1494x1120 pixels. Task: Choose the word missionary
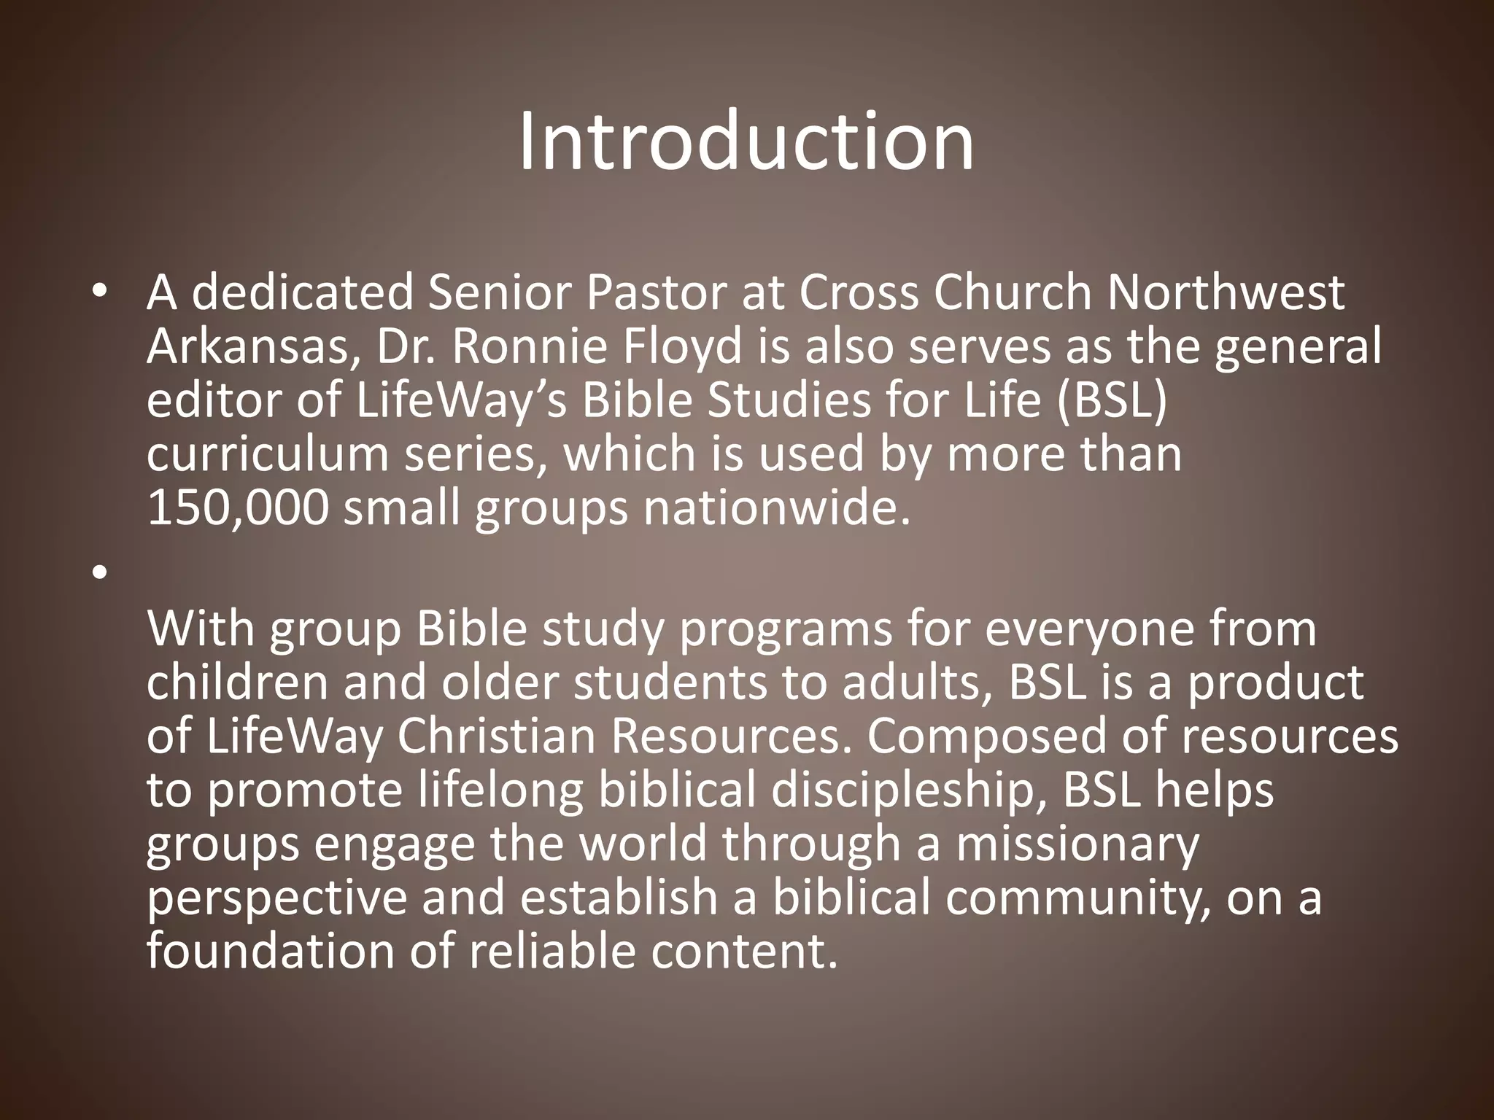pyautogui.click(x=1077, y=844)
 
